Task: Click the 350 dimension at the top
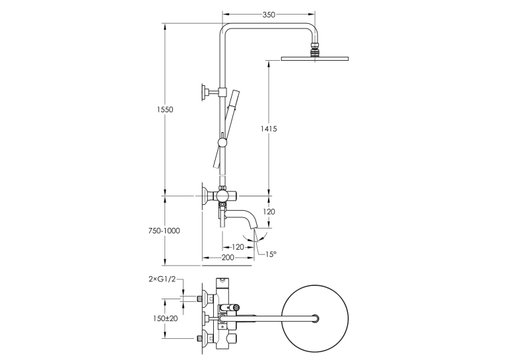269,15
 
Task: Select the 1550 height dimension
165,110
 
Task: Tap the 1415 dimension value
269,129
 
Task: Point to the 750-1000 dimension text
164,231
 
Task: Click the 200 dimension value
228,258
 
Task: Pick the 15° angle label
271,254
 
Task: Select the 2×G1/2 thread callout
162,279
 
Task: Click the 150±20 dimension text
165,318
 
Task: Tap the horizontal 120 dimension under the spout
238,247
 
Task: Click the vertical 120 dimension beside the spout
269,212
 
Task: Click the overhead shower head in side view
315,59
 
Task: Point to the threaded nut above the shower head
314,50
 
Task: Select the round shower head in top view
315,318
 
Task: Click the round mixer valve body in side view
222,196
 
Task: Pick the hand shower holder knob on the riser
222,142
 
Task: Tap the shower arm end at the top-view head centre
316,318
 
